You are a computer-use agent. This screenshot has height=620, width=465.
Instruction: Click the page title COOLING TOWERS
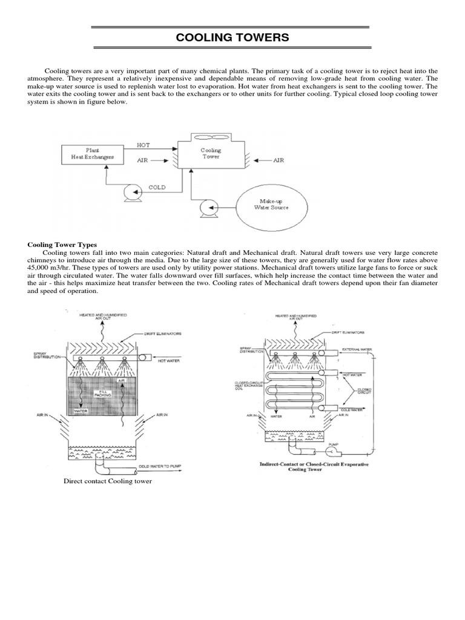232,38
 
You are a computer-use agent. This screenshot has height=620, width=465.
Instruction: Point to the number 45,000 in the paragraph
42,267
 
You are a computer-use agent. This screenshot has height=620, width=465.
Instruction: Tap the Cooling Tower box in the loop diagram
211,154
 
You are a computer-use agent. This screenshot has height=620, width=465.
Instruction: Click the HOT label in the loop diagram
144,145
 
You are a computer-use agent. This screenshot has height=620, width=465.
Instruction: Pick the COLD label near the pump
157,187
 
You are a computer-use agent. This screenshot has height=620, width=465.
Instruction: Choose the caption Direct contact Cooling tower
108,481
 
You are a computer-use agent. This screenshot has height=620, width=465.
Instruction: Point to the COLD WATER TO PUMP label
161,466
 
